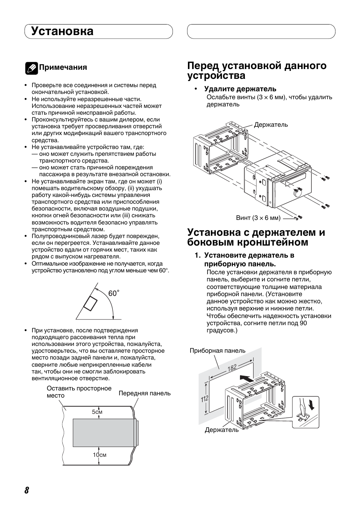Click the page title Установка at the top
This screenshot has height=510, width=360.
(x=63, y=31)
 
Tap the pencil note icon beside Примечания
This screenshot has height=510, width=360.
(x=31, y=68)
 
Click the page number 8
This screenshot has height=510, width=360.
(x=27, y=490)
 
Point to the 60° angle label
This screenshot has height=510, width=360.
(x=114, y=293)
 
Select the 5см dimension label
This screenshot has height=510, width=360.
(x=97, y=412)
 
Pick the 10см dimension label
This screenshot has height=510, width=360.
(x=100, y=455)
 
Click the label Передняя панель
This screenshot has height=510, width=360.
(x=145, y=393)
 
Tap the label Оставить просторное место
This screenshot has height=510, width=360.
(x=79, y=392)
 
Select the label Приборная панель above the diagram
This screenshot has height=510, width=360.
(x=217, y=350)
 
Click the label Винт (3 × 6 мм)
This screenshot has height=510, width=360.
(x=258, y=218)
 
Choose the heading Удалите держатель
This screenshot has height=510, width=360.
(x=240, y=89)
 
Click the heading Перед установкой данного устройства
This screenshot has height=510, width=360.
(x=257, y=71)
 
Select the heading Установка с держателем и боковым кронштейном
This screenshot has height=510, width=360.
(x=256, y=237)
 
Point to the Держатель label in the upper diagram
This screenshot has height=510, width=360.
(x=271, y=124)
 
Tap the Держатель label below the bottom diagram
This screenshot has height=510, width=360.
(x=222, y=430)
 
